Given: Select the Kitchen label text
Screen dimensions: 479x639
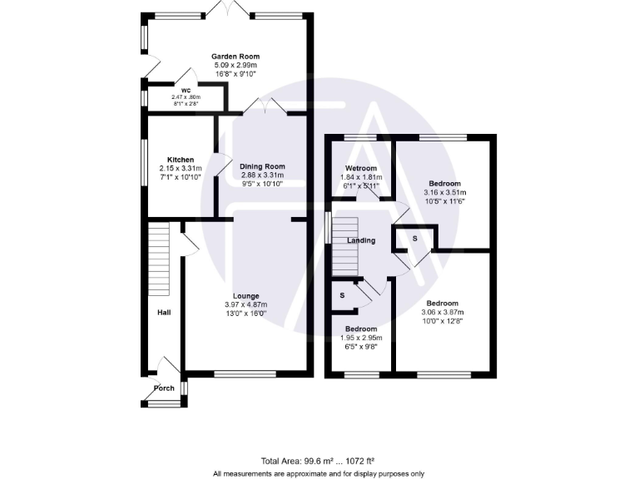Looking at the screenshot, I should [181, 160].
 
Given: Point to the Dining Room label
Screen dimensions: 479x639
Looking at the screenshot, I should [262, 166].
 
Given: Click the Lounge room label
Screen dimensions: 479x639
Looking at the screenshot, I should [245, 296].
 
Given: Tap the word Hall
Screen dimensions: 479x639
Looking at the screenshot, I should [164, 313].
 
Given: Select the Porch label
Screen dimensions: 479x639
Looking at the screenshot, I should [163, 388].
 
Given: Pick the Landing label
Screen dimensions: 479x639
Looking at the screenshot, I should [361, 241].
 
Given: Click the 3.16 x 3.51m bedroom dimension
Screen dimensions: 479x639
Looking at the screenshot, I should [444, 192].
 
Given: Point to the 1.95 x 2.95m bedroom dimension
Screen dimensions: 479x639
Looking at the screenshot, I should [362, 338].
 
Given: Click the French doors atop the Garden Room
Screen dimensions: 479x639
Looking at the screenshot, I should [227, 12].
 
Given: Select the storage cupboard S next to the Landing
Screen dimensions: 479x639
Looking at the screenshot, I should [415, 239].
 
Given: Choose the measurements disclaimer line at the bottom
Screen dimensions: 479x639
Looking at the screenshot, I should [319, 473].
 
